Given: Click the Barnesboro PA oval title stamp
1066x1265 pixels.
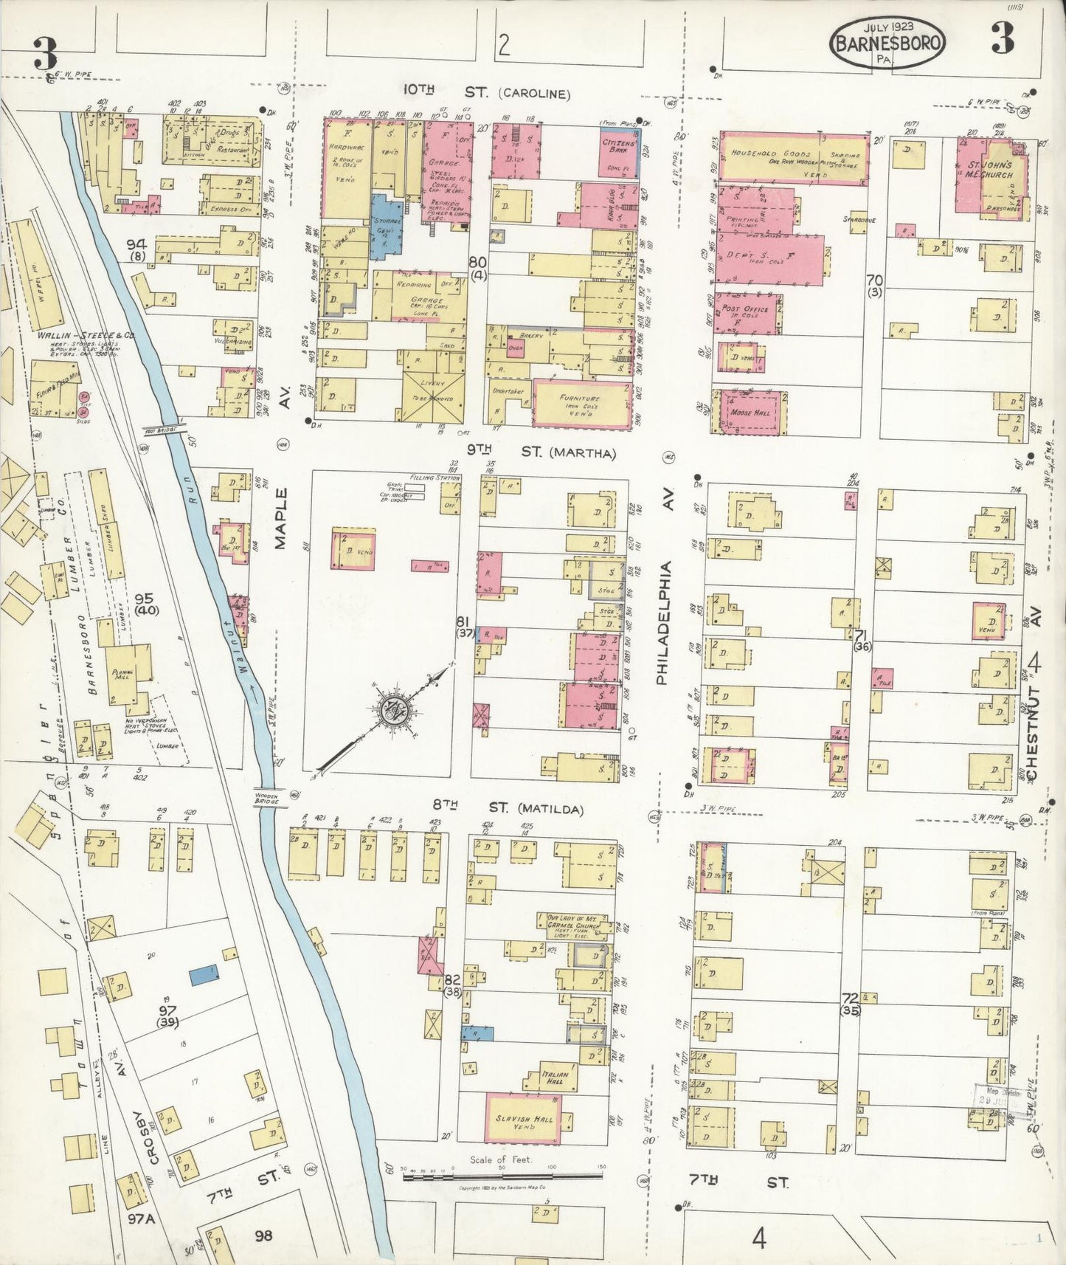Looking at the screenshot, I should [x=887, y=43].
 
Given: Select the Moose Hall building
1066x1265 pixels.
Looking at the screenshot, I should [x=750, y=412].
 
